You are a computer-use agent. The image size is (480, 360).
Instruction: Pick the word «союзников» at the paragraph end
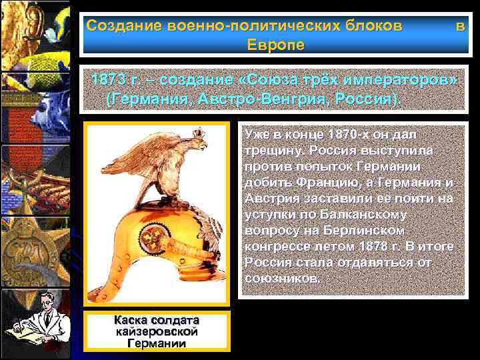coord(282,278)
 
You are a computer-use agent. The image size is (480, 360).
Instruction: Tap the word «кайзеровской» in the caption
coord(157,331)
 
